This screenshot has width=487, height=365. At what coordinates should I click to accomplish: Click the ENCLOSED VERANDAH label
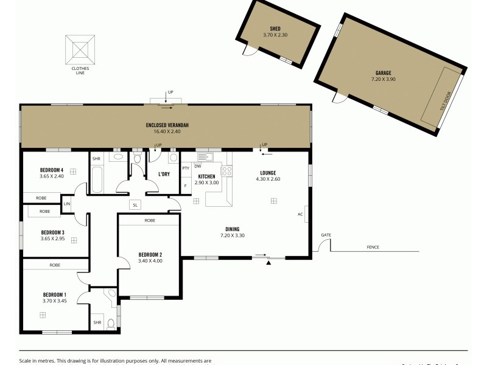pos(167,125)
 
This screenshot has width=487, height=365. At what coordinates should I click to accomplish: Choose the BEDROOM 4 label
pos(52,170)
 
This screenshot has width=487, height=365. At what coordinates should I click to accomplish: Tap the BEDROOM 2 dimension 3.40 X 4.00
pos(150,261)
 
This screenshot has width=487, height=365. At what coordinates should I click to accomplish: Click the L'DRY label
pos(164,174)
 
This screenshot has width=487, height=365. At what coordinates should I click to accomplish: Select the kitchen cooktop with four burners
pos(226,171)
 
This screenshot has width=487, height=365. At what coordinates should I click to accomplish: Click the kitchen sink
pos(203,157)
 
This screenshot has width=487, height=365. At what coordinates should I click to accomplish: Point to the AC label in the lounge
pos(300,214)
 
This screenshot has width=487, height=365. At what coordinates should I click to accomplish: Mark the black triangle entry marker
pos(268,263)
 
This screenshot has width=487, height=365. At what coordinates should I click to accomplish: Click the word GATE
pos(326,234)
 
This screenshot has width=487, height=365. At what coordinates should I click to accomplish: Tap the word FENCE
pos(373,247)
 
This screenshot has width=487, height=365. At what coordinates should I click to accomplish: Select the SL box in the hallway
pos(135,205)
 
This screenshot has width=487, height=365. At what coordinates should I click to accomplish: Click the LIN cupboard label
pos(67,204)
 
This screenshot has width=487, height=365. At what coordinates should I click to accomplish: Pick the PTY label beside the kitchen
pos(186,167)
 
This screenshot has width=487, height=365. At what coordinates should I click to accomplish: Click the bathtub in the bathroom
pos(97,180)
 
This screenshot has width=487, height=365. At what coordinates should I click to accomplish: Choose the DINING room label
pos(231,229)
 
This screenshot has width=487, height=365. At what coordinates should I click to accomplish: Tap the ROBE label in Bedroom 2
pos(149,220)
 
